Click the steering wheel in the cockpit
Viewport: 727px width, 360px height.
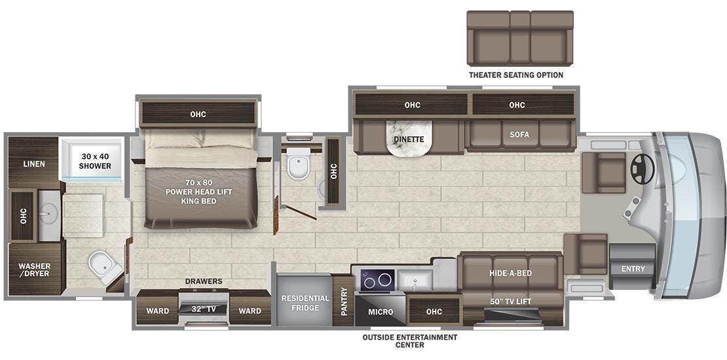[x=642, y=170]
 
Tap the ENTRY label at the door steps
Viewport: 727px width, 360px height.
[x=633, y=269]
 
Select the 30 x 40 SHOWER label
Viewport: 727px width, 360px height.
[x=96, y=161]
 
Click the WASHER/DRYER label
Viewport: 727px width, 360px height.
[x=34, y=270]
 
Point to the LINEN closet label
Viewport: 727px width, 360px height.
[x=33, y=164]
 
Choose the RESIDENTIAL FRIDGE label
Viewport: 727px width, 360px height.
[x=305, y=303]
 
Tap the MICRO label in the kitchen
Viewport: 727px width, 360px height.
[x=381, y=312]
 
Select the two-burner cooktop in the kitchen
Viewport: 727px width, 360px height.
[x=377, y=280]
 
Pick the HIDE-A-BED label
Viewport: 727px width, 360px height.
[x=510, y=273]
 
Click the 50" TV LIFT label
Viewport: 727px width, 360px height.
[x=510, y=301]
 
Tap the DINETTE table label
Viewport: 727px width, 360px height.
[x=409, y=139]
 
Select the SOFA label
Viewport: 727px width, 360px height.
[x=519, y=134]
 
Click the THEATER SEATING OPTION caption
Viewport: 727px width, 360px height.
[x=515, y=75]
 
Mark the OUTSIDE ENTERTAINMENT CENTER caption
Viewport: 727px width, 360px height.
[x=410, y=341]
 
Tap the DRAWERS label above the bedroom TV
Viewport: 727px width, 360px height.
[x=203, y=281]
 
